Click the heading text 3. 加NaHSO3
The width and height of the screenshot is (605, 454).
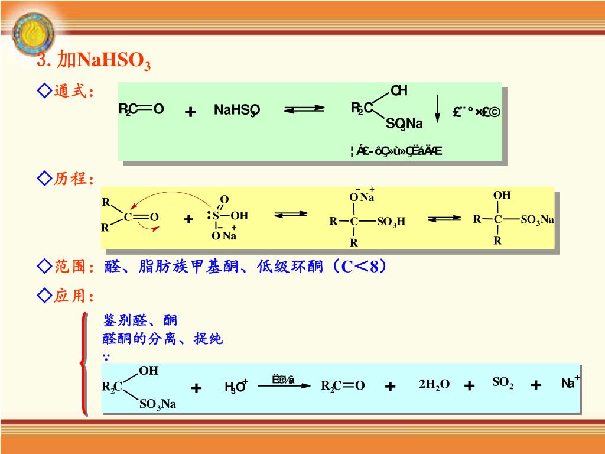pos(94,61)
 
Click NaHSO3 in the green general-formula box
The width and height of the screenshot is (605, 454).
pos(236,111)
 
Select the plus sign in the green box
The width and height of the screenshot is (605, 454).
pos(190,111)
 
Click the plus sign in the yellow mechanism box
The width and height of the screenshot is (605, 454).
pos(188,219)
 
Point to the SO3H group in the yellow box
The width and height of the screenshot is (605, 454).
pos(391,222)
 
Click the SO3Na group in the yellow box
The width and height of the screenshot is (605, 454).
pos(537,220)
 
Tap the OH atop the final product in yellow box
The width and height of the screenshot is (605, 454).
pos(502,196)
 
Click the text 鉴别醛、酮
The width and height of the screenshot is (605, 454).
pos(140,320)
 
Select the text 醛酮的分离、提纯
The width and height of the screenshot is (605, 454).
pos(162,339)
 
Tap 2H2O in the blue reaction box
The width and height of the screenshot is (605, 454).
pos(434,385)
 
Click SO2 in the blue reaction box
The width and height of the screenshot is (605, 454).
pos(503,383)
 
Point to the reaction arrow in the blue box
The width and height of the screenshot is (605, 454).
pos(284,385)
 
